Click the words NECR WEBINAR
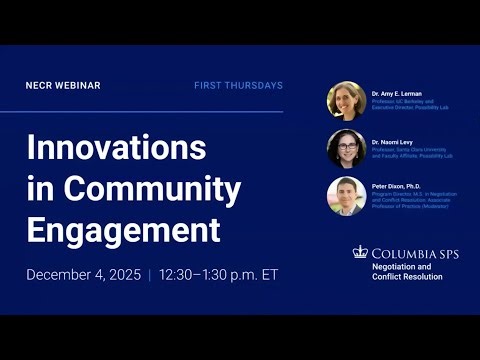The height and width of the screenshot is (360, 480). pos(63,86)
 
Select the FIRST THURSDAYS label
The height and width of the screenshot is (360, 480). pos(238,86)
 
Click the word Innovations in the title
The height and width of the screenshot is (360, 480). pos(116,148)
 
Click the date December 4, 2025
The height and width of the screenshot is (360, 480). pos(84,274)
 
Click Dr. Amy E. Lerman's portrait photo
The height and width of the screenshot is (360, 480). pos(346,101)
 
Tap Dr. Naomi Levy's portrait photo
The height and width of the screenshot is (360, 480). pos(346,149)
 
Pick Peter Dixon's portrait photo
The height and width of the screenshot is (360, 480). pos(346,196)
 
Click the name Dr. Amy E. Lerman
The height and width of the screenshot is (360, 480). pos(396,93)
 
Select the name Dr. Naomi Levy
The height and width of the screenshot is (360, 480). pos(392,141)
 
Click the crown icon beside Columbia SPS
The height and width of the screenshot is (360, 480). pos(360,252)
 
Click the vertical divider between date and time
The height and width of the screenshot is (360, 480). pos(149,274)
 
